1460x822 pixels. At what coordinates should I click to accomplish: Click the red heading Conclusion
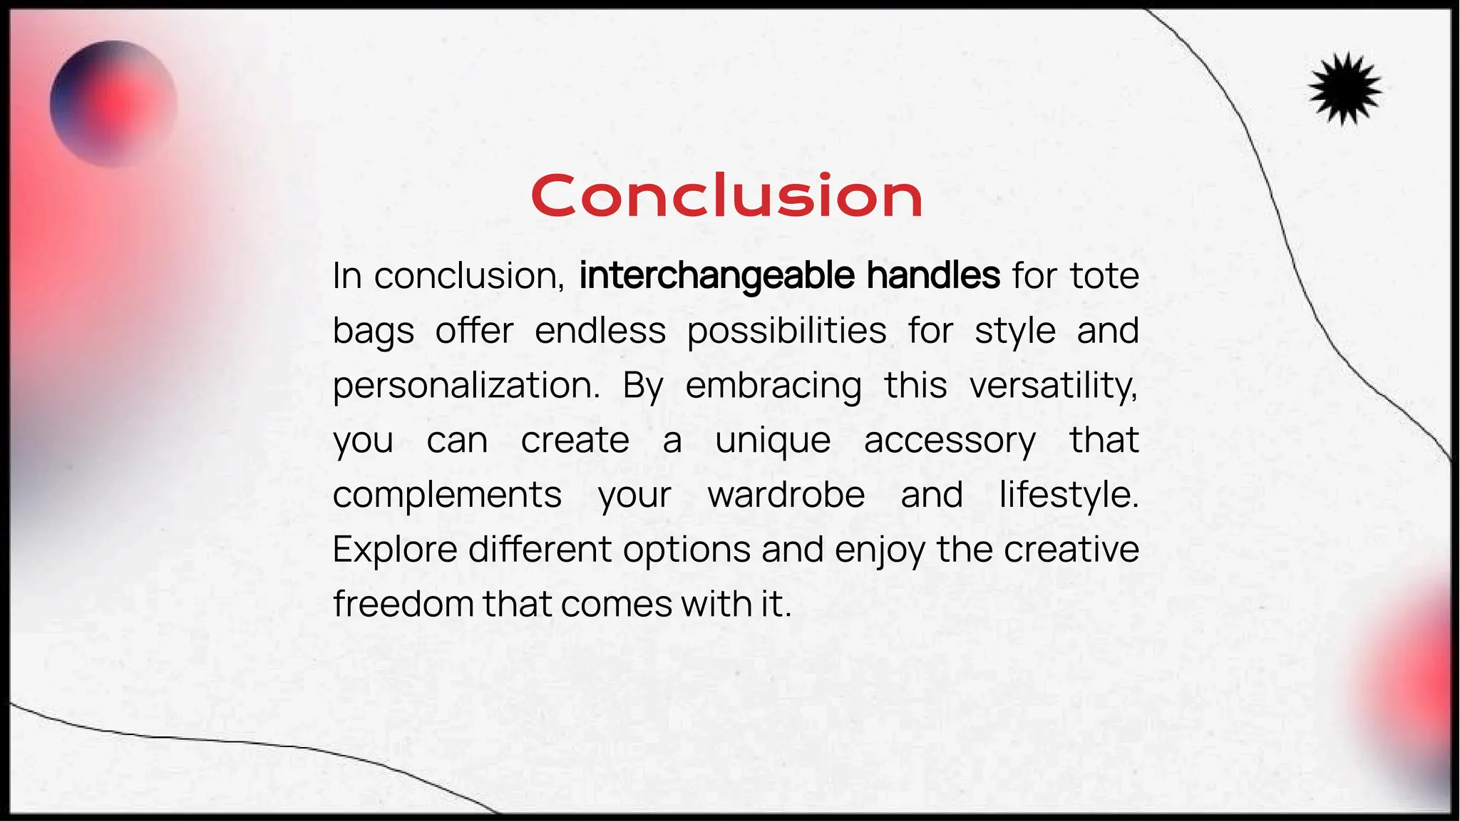point(726,195)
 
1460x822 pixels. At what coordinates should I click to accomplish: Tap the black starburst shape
point(1345,89)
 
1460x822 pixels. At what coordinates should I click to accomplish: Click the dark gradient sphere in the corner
point(113,104)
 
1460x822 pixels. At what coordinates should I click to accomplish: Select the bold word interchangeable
point(716,276)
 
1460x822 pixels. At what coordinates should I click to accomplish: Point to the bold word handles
point(933,276)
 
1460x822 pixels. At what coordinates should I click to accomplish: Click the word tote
point(1104,276)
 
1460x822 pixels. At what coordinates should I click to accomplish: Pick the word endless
point(600,331)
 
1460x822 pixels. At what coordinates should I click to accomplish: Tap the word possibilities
point(787,331)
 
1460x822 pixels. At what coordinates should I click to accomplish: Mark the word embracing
point(773,386)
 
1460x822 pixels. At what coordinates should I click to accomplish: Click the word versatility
point(1053,386)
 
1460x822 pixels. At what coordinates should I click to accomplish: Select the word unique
point(773,441)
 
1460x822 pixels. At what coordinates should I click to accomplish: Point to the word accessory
point(950,441)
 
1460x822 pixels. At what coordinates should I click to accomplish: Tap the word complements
point(447,495)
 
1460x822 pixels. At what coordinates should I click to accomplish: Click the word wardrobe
point(786,495)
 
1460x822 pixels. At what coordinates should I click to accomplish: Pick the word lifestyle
point(1069,495)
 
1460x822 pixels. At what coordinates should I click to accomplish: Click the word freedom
point(403,605)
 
